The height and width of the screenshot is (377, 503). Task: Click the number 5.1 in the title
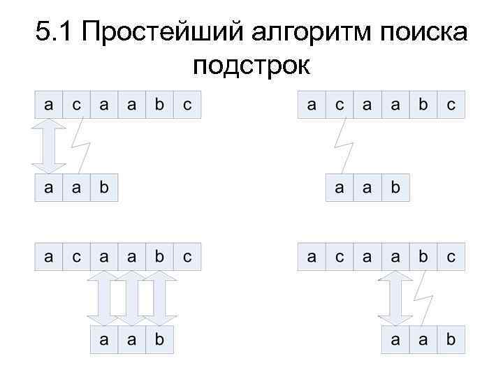click(53, 32)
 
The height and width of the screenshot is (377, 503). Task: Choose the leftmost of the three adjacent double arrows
click(104, 298)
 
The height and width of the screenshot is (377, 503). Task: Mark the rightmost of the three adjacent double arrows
click(159, 298)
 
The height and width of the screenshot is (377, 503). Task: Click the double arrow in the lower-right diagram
click(395, 298)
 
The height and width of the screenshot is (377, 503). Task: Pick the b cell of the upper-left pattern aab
click(104, 188)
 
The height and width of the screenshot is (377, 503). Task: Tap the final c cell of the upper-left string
click(187, 105)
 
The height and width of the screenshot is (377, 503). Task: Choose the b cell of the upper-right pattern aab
click(395, 188)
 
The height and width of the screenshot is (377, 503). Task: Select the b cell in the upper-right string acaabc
click(422, 105)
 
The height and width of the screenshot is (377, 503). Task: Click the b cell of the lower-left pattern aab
click(159, 340)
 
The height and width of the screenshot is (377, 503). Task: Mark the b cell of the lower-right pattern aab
click(450, 340)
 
